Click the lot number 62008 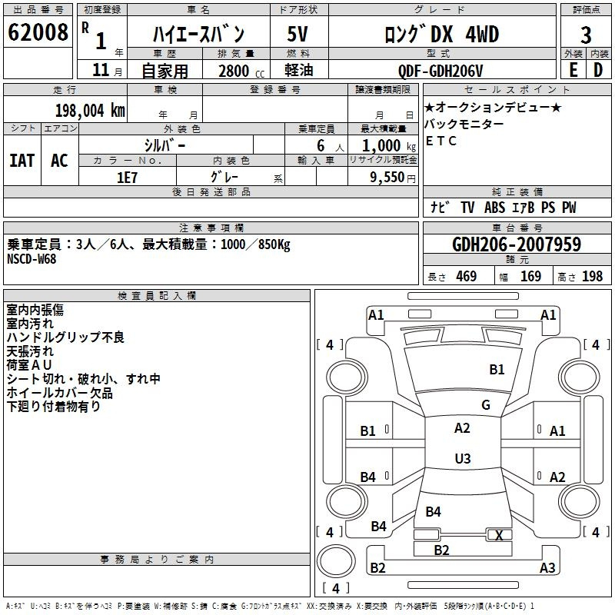(38, 35)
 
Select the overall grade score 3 (586, 35)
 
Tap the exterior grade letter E (573, 69)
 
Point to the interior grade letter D (598, 69)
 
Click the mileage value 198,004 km (90, 110)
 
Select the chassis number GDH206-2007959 (517, 245)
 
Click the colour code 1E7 (127, 177)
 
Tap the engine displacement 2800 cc (234, 71)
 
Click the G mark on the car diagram (486, 405)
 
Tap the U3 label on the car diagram (462, 459)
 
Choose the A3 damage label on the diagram (547, 568)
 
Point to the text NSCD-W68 (32, 258)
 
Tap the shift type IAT (22, 161)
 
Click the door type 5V (298, 35)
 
